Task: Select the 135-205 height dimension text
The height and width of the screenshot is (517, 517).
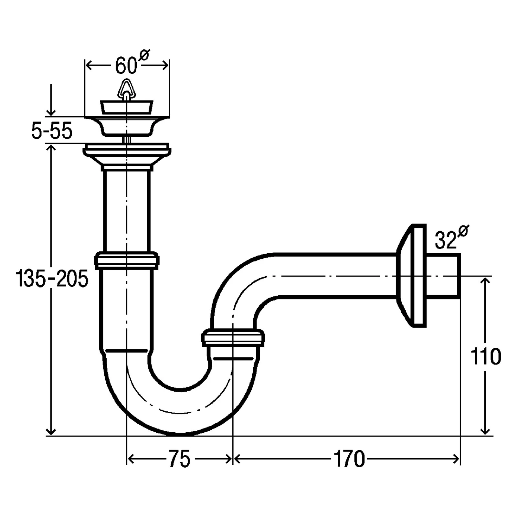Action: pos(52,279)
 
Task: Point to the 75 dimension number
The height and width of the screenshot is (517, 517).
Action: pos(179,459)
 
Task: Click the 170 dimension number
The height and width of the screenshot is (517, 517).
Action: pos(349,459)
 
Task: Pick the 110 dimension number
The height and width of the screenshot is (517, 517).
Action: pos(486,357)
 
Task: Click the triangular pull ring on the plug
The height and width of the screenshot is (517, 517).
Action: pos(127,89)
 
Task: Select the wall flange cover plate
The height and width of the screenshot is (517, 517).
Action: pos(411,275)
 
